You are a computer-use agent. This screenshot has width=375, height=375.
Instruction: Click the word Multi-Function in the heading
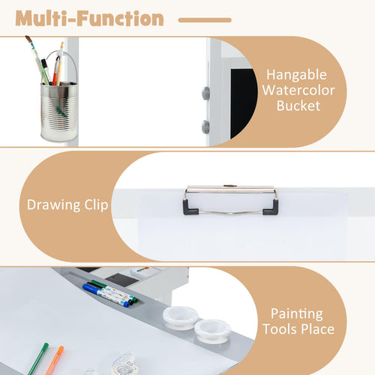click(x=89, y=18)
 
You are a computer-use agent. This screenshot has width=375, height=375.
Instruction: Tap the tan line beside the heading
click(x=205, y=20)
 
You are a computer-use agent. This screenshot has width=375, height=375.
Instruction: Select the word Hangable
click(x=296, y=75)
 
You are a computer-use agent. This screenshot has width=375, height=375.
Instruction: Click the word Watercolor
click(x=298, y=90)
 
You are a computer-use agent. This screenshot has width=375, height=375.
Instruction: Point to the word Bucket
click(x=298, y=106)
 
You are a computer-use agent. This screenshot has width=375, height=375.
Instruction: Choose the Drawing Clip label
click(x=67, y=205)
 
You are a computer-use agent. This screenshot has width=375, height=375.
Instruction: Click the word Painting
click(x=297, y=314)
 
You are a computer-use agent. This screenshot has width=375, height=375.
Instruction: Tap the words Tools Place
click(x=298, y=328)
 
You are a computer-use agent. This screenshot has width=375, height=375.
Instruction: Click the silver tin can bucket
click(x=59, y=112)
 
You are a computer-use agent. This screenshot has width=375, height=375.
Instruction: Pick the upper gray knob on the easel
click(x=205, y=93)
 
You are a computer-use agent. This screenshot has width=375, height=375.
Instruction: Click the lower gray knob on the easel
click(x=205, y=127)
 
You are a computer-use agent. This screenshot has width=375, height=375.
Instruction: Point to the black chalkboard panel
click(x=244, y=103)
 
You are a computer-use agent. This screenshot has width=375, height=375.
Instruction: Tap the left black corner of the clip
click(x=190, y=208)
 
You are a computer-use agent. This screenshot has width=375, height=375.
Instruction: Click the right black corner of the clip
click(x=271, y=208)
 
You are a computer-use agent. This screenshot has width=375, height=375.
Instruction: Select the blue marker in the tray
click(x=106, y=295)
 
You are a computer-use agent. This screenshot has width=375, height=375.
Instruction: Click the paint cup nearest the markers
click(x=181, y=317)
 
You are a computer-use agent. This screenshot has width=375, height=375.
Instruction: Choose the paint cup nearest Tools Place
click(x=212, y=331)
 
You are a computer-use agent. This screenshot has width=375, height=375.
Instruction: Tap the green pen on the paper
click(x=38, y=359)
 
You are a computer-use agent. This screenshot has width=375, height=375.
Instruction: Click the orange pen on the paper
click(x=55, y=361)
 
